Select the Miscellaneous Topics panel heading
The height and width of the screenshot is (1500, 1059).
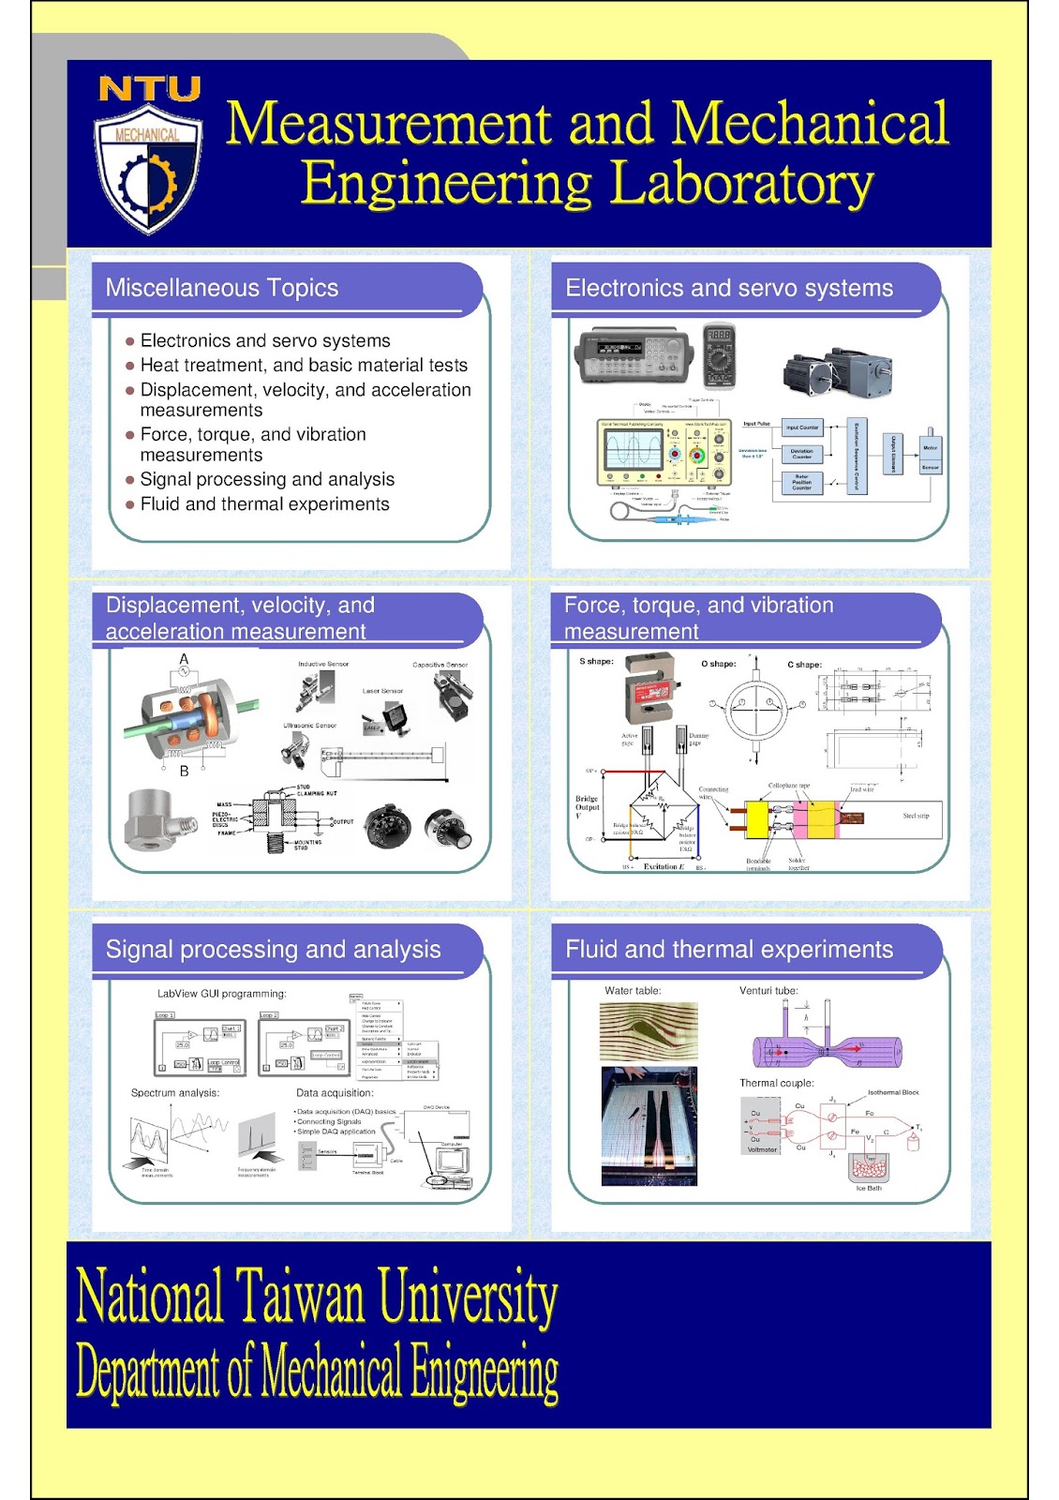[222, 288]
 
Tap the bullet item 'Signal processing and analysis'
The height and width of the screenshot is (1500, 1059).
[267, 479]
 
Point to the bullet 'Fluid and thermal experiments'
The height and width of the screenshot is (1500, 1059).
[264, 504]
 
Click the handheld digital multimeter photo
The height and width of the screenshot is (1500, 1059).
[719, 355]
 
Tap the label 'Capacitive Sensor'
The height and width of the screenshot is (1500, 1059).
[440, 665]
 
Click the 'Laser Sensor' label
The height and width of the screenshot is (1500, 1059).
[382, 691]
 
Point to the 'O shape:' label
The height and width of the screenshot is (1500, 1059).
[718, 664]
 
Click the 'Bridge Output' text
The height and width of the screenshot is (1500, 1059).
[587, 803]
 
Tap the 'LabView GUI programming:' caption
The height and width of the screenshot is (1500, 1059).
[221, 994]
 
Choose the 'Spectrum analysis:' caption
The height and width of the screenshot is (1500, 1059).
[175, 1093]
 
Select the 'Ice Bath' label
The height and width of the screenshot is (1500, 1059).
[868, 1188]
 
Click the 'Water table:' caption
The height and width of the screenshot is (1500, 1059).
[633, 991]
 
